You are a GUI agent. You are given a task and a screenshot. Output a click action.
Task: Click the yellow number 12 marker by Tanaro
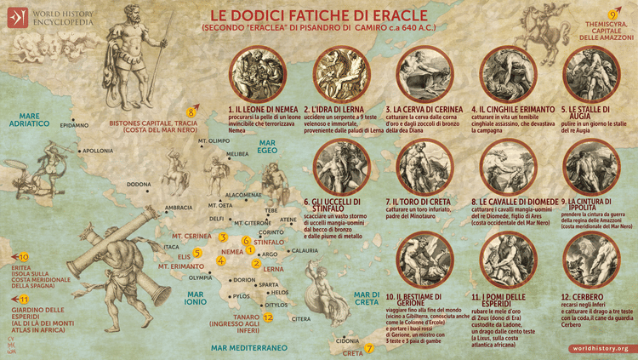(x=268, y=317)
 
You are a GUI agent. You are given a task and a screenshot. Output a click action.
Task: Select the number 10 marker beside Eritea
(x=24, y=256)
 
